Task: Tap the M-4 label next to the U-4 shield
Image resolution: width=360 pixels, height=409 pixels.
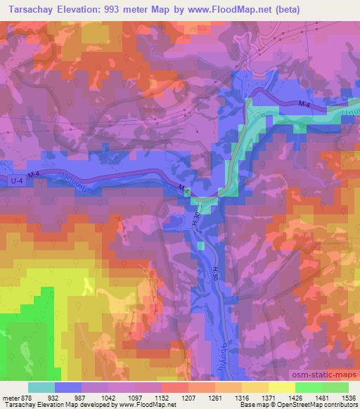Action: pyautogui.click(x=34, y=174)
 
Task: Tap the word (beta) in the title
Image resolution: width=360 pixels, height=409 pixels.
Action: pyautogui.click(x=337, y=10)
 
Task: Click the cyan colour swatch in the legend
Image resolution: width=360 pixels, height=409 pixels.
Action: pyautogui.click(x=41, y=387)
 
